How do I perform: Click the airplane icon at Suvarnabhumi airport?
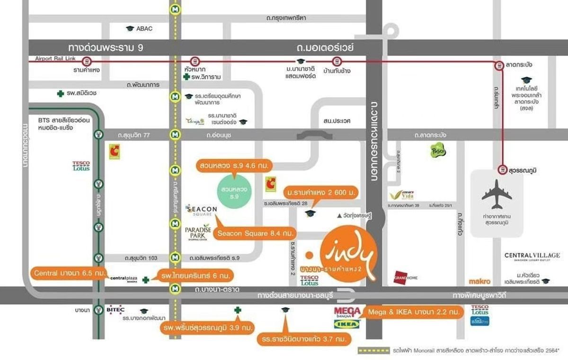[497, 194]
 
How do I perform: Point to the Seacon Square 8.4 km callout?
[256, 233]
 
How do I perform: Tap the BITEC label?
[115, 310]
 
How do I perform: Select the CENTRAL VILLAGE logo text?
[532, 256]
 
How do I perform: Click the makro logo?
[479, 281]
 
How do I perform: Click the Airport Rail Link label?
[55, 59]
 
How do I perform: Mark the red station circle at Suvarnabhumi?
[501, 169]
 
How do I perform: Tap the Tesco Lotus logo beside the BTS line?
[81, 166]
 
